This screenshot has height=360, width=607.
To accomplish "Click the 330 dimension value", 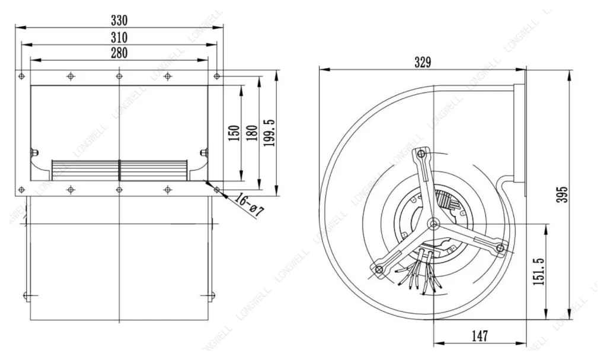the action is pyautogui.click(x=119, y=20).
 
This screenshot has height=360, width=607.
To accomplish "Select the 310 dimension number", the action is pyautogui.click(x=119, y=37).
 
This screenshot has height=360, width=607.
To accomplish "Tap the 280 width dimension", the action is pyautogui.click(x=119, y=53).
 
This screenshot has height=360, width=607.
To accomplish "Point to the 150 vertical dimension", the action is pyautogui.click(x=234, y=133).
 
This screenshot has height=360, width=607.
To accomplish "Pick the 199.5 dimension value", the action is pyautogui.click(x=269, y=132).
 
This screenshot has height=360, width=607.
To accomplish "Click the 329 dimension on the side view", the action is pyautogui.click(x=422, y=62).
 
